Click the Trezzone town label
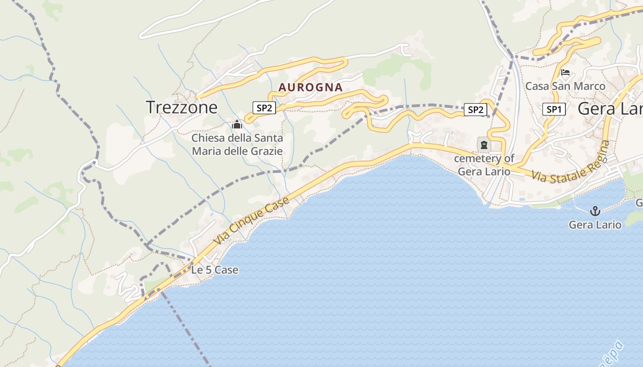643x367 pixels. (x=181, y=107)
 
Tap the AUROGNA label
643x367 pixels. (x=310, y=87)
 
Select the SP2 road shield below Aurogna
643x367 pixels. (x=264, y=108)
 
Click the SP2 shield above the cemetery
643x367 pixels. (x=475, y=110)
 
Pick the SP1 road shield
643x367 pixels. (x=553, y=109)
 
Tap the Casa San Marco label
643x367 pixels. (x=565, y=86)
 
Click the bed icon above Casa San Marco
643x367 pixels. (x=565, y=72)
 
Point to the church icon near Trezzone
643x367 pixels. (x=237, y=124)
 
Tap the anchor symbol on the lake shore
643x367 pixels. (x=595, y=211)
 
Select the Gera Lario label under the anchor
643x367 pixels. (x=595, y=225)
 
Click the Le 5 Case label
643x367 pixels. (x=214, y=270)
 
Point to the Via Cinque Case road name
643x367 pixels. (x=252, y=221)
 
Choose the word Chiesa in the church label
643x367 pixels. (x=207, y=138)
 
